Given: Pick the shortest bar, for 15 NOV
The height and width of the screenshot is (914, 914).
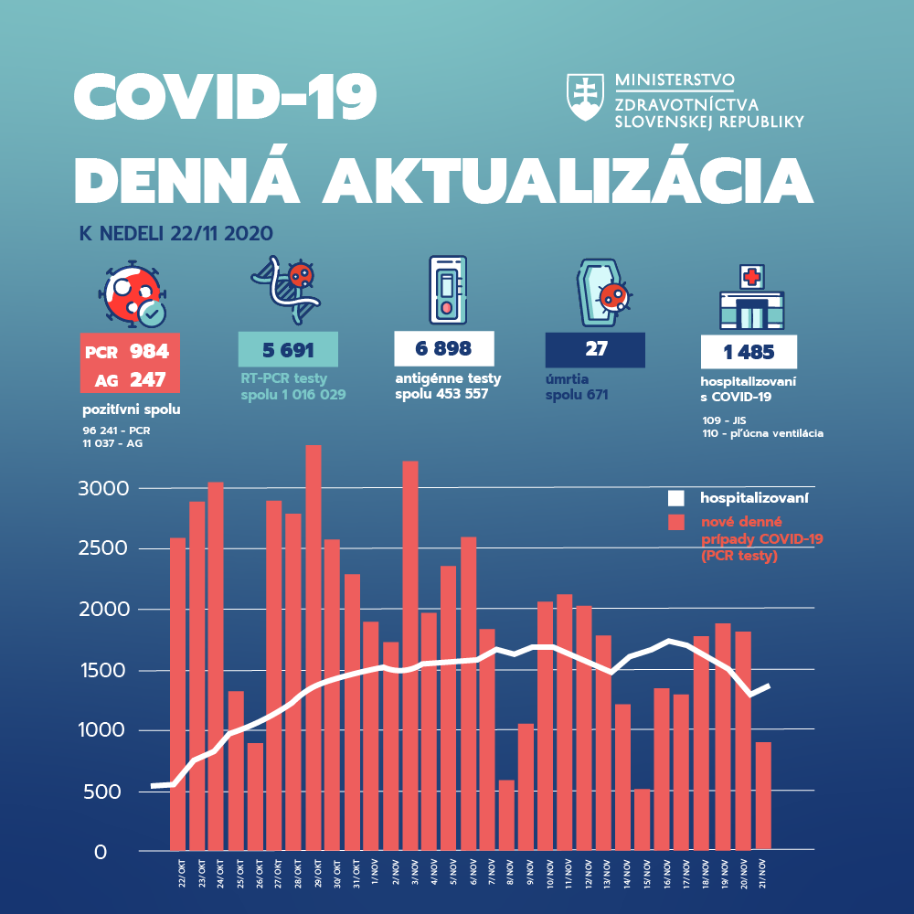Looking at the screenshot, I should click(642, 819).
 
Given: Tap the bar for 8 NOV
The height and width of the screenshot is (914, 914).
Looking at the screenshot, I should click(505, 814).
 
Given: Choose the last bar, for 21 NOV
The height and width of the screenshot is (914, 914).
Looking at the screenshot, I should click(762, 796).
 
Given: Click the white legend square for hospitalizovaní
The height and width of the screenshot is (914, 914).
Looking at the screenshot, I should click(676, 499).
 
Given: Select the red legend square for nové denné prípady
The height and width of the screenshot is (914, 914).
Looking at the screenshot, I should click(676, 522).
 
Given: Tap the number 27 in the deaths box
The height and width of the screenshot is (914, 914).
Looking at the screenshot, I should click(594, 349).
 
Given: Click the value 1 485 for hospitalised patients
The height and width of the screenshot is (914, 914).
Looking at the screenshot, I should click(749, 352).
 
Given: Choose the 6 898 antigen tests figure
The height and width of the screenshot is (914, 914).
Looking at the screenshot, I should click(443, 349).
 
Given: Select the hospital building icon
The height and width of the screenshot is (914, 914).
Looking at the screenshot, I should click(751, 299).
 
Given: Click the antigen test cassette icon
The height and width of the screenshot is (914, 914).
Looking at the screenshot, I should click(447, 289).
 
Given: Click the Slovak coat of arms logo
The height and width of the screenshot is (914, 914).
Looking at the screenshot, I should click(586, 99).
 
